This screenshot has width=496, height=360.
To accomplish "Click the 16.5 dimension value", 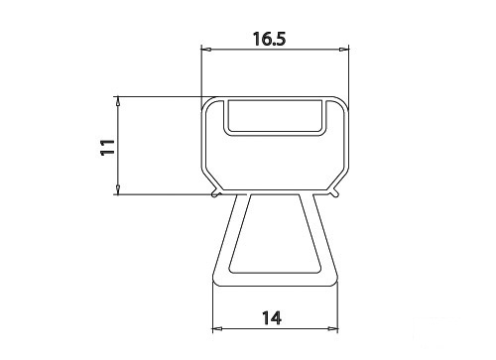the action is point(270,39).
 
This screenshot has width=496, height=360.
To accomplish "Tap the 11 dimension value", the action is point(108,147).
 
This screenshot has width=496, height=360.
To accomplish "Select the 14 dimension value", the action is point(272,318).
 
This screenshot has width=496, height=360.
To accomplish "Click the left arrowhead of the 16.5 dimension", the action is point(206,50).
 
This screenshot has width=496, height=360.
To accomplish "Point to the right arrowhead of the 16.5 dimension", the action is point(344,50).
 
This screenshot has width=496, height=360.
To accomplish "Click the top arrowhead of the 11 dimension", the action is point(118,101).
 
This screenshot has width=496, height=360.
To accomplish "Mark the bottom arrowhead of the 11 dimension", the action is point(118,189).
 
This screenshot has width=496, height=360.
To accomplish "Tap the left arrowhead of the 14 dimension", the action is point(217,328).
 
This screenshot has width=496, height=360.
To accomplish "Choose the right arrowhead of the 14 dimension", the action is point(333,328).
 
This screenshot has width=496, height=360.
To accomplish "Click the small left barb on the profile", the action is point(215,193).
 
